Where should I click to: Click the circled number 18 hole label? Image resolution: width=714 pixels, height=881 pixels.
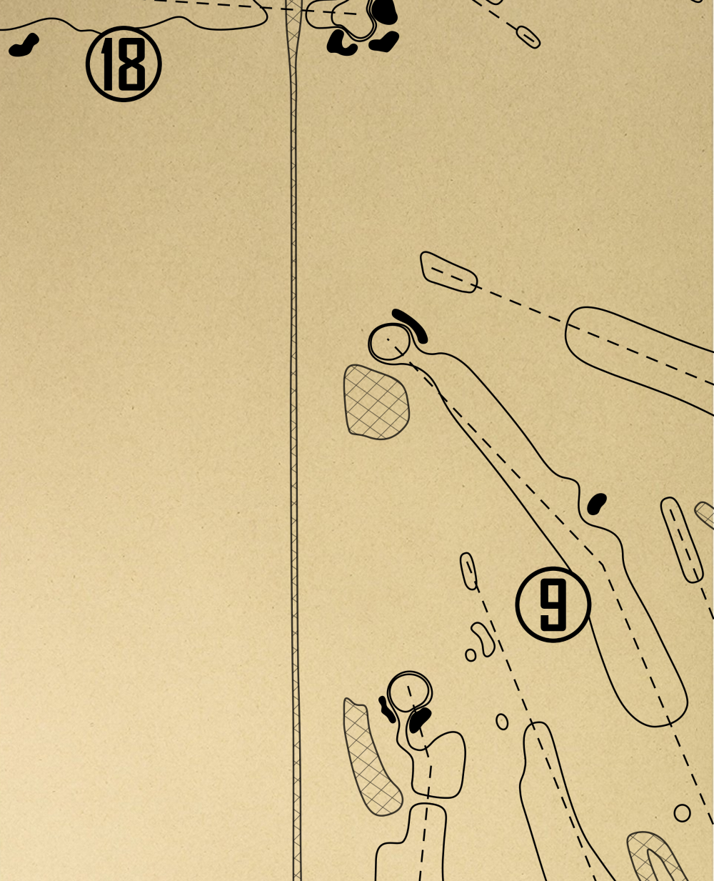point(124,64)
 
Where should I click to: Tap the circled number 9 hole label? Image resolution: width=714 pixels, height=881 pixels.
point(553,604)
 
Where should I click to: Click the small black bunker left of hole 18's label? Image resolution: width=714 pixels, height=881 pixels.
point(24,46)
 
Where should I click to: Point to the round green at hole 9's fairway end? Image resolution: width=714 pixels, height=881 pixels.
point(390,342)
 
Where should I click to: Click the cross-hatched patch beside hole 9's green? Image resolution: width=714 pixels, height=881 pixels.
point(376,402)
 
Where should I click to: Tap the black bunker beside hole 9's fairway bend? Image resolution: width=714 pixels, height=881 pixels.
point(596,503)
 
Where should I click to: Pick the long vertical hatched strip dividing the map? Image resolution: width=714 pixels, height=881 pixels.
point(293,429)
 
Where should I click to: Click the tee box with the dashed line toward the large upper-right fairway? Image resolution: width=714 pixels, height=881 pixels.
point(448,272)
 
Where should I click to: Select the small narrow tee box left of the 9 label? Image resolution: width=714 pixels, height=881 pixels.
point(468,571)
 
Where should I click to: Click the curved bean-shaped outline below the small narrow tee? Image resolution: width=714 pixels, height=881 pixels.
point(483,639)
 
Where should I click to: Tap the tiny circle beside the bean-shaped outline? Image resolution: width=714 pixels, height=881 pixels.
point(471,654)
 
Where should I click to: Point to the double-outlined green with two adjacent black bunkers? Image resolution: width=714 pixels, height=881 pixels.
point(411,691)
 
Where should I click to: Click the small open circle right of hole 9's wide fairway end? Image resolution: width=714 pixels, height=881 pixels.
point(682,812)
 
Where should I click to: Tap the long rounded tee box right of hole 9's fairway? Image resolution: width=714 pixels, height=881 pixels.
point(680,539)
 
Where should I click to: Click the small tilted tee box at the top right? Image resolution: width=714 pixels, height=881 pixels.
point(528,36)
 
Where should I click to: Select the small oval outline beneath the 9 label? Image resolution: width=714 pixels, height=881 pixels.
point(502,722)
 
